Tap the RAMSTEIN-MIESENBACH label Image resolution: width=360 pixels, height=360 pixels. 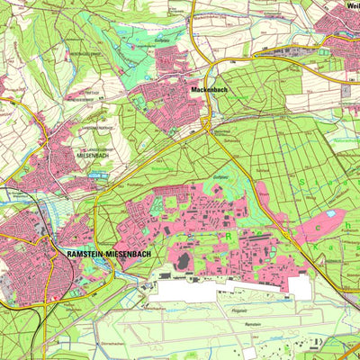tap(108, 255)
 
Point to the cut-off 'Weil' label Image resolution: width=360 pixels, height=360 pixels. tap(352, 5)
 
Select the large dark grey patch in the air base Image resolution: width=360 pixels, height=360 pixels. tap(184, 260)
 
